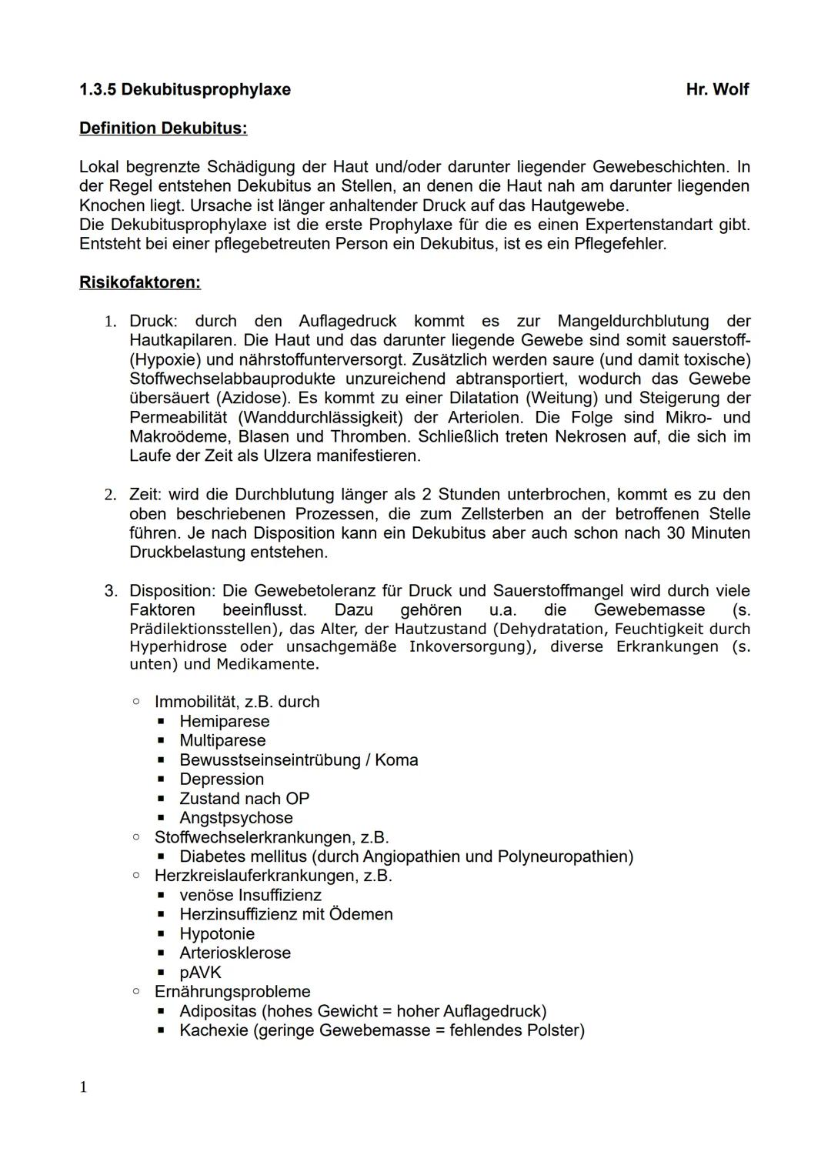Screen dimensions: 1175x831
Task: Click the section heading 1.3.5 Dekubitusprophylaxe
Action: (x=185, y=89)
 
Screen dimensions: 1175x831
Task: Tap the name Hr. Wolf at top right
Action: (x=717, y=89)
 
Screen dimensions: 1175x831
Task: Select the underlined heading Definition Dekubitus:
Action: (x=163, y=129)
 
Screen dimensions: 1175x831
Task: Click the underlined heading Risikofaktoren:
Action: (x=140, y=282)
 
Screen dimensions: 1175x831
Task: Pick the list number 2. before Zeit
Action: (x=110, y=495)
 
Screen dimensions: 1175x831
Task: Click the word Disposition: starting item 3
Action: (x=173, y=591)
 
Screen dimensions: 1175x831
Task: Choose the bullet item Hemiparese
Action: (x=224, y=722)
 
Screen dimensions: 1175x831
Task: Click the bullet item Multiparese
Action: (x=222, y=741)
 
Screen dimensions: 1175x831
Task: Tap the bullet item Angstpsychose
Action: (x=235, y=818)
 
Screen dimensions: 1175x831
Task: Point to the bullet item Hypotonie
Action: (x=217, y=934)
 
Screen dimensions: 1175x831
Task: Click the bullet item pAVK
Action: (x=200, y=973)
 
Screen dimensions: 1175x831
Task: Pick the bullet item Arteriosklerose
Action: (x=235, y=953)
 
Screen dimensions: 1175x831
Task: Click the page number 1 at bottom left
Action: (x=83, y=1087)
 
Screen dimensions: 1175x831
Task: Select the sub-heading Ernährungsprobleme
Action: (x=232, y=992)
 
